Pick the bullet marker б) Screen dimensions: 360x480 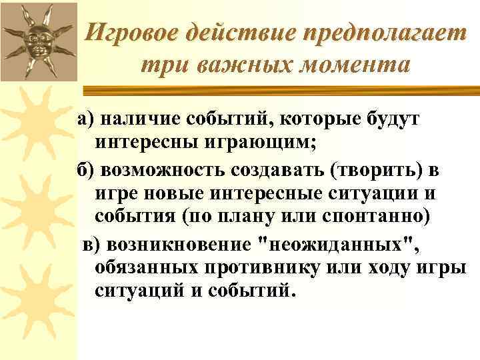click(87, 169)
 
